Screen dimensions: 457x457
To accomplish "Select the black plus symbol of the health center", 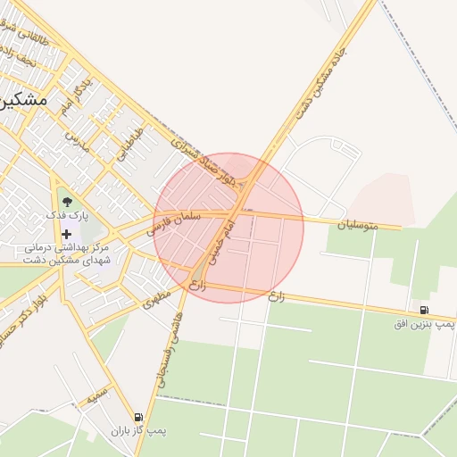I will tap(66, 234).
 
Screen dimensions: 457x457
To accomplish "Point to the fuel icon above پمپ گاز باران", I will tap(138, 417).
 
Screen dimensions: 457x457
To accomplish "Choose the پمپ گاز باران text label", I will tap(139, 431).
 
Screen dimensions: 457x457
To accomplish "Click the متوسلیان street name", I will tap(357, 226).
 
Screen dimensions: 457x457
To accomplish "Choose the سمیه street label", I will tap(97, 394).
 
